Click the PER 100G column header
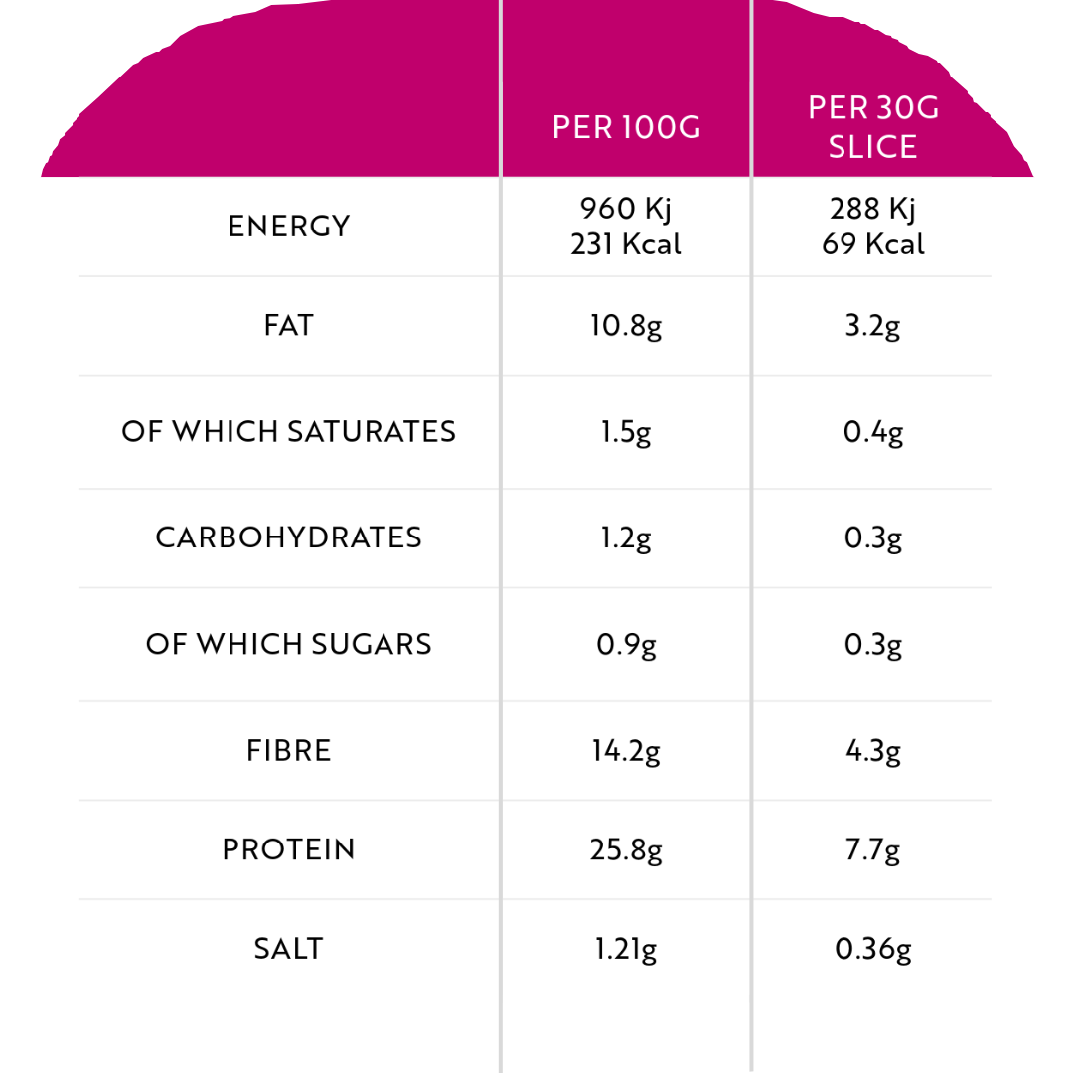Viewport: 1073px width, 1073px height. [626, 128]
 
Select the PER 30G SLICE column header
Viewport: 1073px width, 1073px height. [873, 127]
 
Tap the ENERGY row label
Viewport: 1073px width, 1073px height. [289, 227]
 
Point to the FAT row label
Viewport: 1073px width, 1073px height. [289, 326]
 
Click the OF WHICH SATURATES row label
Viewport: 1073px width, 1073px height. [289, 432]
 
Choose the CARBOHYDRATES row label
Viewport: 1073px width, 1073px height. [289, 537]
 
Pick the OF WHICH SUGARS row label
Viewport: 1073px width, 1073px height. [289, 644]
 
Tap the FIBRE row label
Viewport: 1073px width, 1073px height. [289, 750]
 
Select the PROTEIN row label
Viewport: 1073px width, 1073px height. [289, 849]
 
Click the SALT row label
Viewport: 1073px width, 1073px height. [289, 949]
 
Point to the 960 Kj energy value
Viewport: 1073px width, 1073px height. [626, 209]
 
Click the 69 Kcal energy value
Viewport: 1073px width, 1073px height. [873, 244]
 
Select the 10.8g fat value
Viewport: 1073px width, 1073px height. [626, 326]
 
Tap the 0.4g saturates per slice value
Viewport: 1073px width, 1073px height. [873, 432]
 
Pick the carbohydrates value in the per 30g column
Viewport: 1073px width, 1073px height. [873, 537]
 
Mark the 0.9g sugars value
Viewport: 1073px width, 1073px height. [626, 644]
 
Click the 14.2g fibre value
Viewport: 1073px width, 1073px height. [626, 750]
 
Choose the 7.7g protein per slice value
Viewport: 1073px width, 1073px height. [873, 849]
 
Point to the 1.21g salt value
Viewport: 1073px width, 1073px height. [626, 949]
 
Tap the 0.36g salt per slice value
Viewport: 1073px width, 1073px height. [873, 949]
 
